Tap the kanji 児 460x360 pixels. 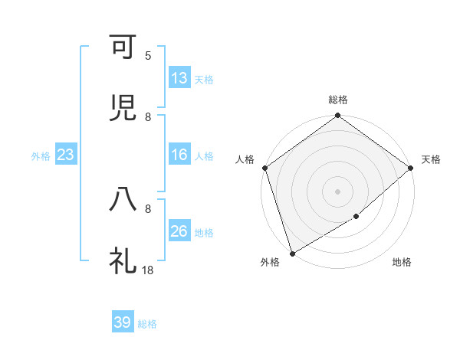pyautogui.click(x=123, y=108)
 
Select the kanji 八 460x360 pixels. pyautogui.click(x=123, y=199)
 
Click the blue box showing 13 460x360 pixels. pyautogui.click(x=179, y=78)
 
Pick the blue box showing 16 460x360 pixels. pyautogui.click(x=179, y=155)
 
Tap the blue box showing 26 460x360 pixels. pyautogui.click(x=179, y=231)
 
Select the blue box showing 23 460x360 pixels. pyautogui.click(x=66, y=155)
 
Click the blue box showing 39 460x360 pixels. pyautogui.click(x=123, y=322)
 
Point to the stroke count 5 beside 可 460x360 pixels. pyautogui.click(x=148, y=55)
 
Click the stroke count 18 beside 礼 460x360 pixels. pyautogui.click(x=148, y=270)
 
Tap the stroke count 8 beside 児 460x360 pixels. pyautogui.click(x=148, y=116)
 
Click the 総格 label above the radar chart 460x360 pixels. pyautogui.click(x=338, y=100)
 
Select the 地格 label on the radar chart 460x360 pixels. pyautogui.click(x=402, y=263)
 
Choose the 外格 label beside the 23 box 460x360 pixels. pyautogui.click(x=41, y=156)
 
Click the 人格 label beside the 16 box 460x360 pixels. pyautogui.click(x=204, y=156)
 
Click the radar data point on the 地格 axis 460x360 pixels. pyautogui.click(x=356, y=217)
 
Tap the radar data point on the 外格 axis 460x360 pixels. pyautogui.click(x=291, y=253)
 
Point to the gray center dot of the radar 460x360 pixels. pyautogui.click(x=337, y=191)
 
